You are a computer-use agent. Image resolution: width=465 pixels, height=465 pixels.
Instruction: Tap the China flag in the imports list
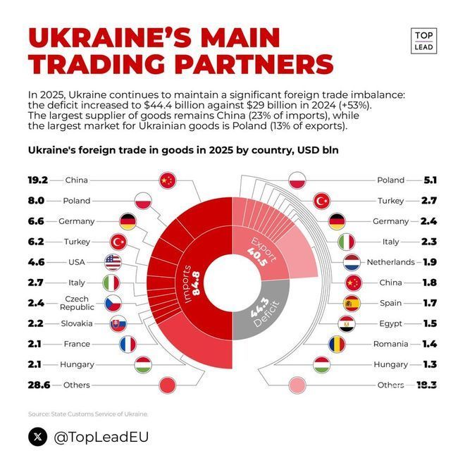pyautogui.click(x=167, y=180)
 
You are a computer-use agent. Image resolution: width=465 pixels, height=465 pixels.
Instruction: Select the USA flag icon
pyautogui.click(x=113, y=262)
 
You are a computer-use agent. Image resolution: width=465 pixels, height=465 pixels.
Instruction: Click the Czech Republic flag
pyautogui.click(x=113, y=304)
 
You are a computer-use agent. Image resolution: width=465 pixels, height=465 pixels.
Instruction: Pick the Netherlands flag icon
pyautogui.click(x=352, y=262)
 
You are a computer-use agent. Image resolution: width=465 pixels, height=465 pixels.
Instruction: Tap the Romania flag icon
pyautogui.click(x=337, y=345)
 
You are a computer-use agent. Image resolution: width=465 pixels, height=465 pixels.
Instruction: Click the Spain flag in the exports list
pyautogui.click(x=352, y=304)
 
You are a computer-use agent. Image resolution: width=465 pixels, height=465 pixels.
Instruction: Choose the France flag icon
pyautogui.click(x=128, y=345)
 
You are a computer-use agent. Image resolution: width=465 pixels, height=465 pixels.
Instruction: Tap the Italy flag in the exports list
pyautogui.click(x=347, y=242)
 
